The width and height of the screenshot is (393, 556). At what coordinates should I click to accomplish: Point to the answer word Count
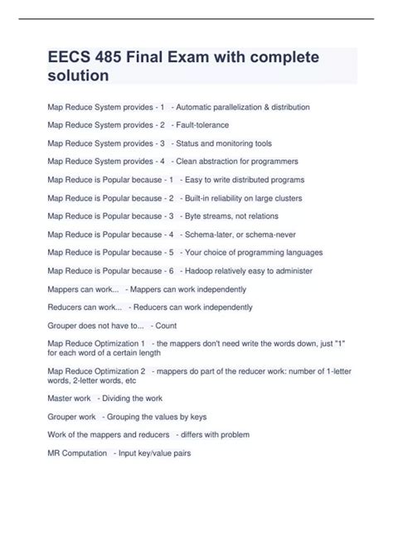(166, 325)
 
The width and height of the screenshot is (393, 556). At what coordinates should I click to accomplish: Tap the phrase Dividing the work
(140, 398)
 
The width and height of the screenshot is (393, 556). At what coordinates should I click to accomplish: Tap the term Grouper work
(71, 416)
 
